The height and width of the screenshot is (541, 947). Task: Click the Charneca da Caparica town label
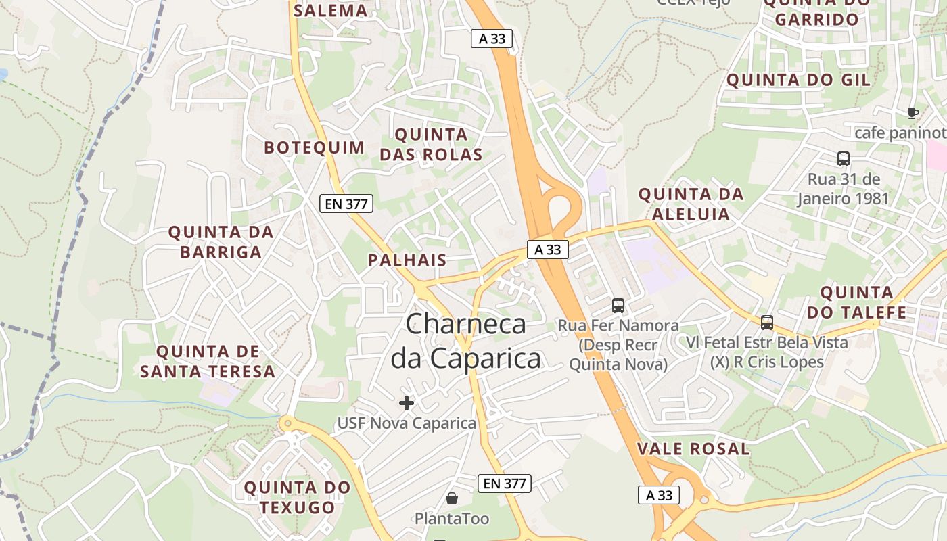(466, 341)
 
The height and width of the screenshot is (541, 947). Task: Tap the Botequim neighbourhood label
(314, 147)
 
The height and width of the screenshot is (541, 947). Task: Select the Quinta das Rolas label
(431, 144)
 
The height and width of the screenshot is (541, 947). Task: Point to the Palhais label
(407, 260)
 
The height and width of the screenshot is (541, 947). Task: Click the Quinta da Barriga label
(221, 242)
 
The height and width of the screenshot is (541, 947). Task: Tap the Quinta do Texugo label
(297, 497)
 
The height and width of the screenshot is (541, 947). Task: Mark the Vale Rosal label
(693, 448)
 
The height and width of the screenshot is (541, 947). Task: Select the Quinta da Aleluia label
(691, 204)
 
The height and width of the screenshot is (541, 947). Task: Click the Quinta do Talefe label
(856, 302)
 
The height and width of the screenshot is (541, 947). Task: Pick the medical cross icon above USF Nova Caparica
(407, 404)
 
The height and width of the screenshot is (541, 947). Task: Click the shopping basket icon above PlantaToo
(451, 499)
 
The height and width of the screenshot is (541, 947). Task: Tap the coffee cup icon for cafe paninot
(913, 113)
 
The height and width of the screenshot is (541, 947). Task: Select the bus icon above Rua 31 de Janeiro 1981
(843, 159)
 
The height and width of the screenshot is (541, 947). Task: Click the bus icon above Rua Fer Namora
(618, 305)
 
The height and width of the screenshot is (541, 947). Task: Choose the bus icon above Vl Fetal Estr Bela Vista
(766, 323)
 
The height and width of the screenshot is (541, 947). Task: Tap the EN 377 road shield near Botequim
(346, 204)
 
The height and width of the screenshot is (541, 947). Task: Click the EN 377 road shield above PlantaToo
(505, 484)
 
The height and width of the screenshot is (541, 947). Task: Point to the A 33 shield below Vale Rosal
(659, 495)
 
